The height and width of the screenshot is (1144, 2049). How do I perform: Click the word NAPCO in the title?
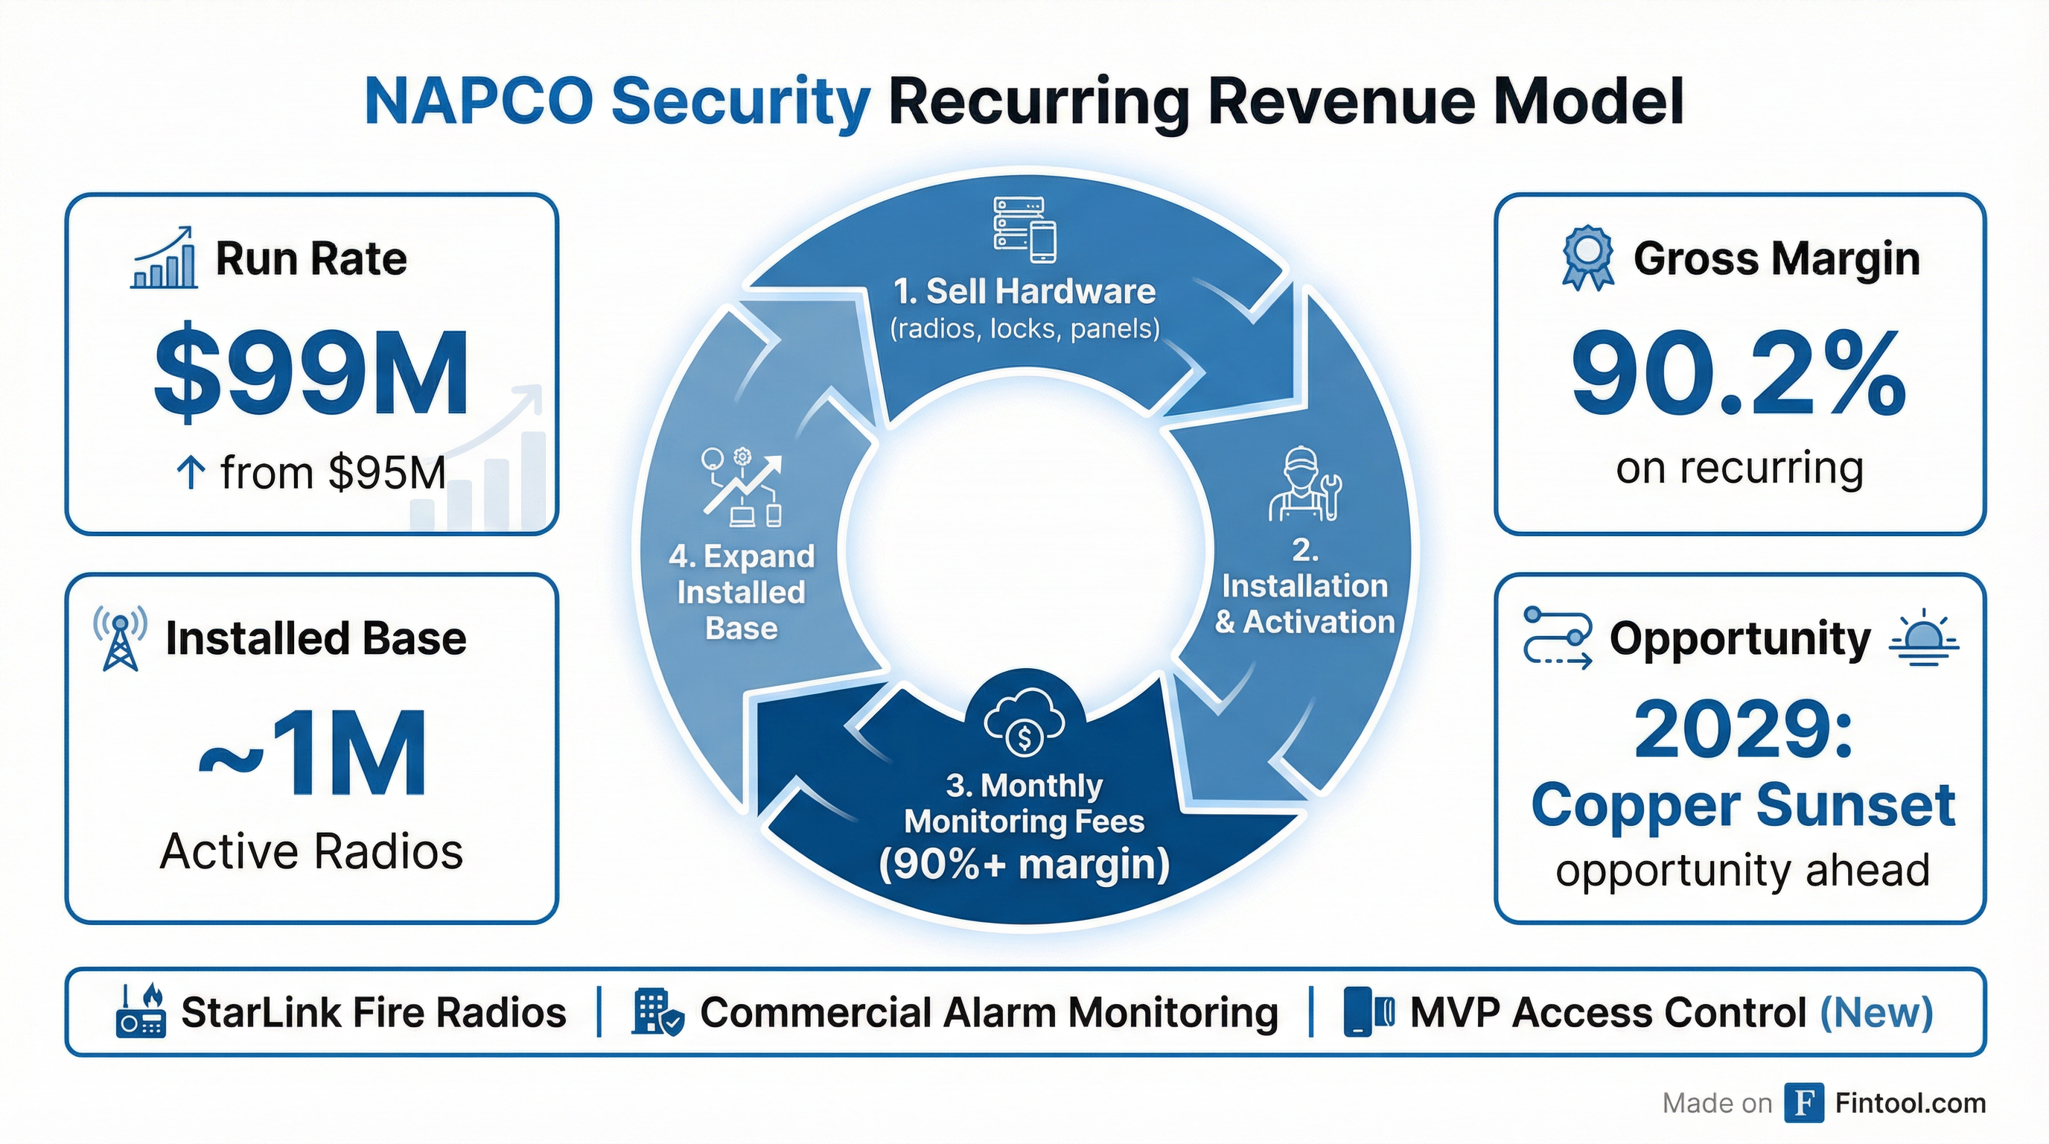(x=477, y=102)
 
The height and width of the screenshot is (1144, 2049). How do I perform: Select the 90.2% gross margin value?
(x=1739, y=374)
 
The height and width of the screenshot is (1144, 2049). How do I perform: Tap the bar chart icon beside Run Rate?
(x=164, y=257)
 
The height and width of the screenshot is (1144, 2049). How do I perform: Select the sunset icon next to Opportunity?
(x=1923, y=641)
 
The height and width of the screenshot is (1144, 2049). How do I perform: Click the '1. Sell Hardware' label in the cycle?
(x=1024, y=292)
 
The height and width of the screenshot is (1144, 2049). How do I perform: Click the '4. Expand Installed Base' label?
(x=742, y=592)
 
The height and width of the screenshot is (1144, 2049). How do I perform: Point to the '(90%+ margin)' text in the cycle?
(x=1024, y=865)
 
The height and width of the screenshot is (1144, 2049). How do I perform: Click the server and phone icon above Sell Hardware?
(x=1024, y=230)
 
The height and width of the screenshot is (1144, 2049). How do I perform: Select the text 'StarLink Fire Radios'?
(x=373, y=1013)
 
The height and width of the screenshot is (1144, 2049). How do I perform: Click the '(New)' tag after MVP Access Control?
(x=1876, y=1013)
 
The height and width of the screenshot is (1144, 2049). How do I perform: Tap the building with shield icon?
(x=657, y=1013)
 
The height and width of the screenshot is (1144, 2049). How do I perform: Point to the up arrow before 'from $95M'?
(x=191, y=474)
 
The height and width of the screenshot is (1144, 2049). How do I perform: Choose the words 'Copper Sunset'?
(x=1742, y=805)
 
